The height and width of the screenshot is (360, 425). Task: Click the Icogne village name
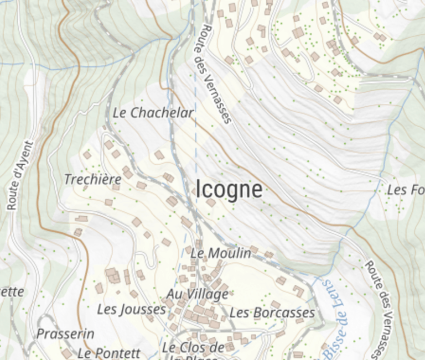click(229, 190)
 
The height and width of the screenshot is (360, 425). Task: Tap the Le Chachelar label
click(153, 113)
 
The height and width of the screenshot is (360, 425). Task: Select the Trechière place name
click(92, 179)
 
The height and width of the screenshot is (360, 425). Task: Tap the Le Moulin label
click(221, 253)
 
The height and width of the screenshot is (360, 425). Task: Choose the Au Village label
click(198, 294)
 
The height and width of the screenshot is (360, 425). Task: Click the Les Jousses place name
click(132, 309)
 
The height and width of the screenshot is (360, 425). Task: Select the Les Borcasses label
click(272, 313)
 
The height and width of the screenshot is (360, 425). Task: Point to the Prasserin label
click(65, 334)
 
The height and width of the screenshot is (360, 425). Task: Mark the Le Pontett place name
click(109, 352)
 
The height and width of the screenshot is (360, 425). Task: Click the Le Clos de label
click(193, 348)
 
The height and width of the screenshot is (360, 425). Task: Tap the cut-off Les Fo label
click(406, 190)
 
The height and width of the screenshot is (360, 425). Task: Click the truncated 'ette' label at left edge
click(12, 291)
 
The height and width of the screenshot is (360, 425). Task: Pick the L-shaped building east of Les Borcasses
click(299, 290)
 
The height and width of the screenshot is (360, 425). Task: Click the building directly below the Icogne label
click(210, 203)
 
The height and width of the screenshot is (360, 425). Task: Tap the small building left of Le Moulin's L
click(188, 249)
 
